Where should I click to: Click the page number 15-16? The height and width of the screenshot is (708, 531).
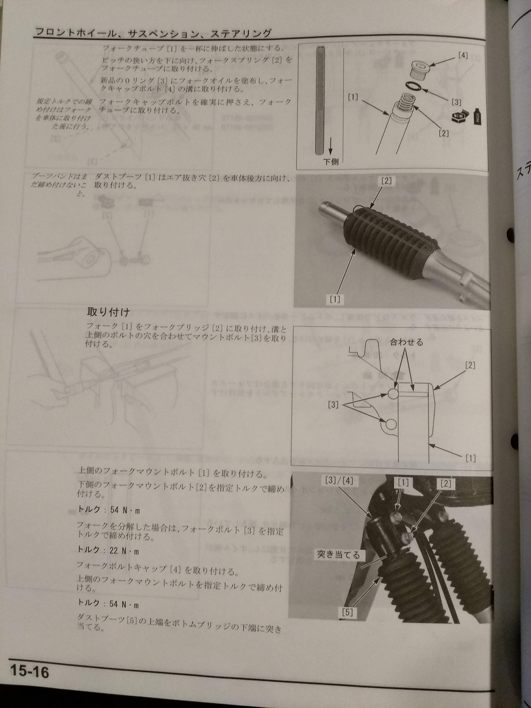29,671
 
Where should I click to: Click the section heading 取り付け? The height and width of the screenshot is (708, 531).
108,312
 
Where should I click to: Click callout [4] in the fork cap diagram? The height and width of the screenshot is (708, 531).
463,57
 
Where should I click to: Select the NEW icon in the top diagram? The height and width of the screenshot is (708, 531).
455,116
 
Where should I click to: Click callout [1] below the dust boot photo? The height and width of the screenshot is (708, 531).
335,299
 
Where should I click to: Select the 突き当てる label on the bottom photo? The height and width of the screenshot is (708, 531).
338,555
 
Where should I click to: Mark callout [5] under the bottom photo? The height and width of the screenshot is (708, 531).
348,612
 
